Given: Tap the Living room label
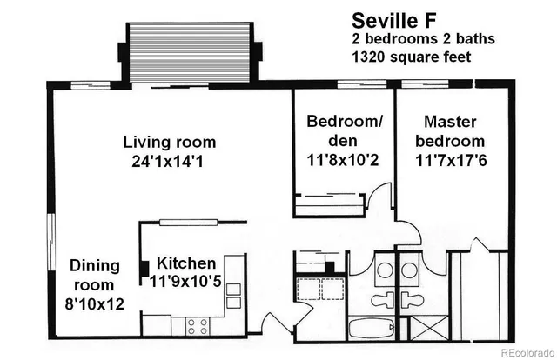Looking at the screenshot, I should [x=169, y=142].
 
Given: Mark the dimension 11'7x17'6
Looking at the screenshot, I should [x=450, y=160].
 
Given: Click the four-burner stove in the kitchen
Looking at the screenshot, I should [x=198, y=326].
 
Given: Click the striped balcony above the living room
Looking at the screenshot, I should [x=190, y=51].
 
